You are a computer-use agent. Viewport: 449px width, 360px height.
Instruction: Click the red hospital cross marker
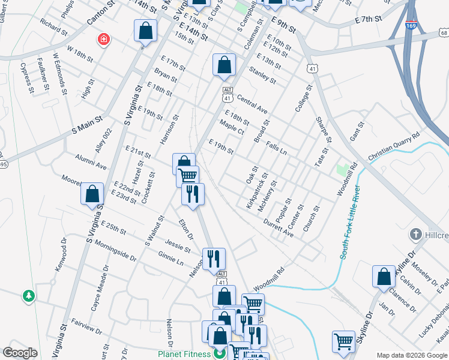[104, 40]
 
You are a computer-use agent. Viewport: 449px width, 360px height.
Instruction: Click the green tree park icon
[28, 296]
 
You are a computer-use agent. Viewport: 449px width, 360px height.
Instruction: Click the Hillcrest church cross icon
[414, 233]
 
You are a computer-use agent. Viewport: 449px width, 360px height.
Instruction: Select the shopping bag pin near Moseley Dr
[384, 277]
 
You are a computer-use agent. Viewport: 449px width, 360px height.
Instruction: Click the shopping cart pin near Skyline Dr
[343, 341]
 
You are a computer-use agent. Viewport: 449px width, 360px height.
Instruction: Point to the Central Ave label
[252, 104]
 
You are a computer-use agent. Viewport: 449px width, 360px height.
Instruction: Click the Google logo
[20, 353]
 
